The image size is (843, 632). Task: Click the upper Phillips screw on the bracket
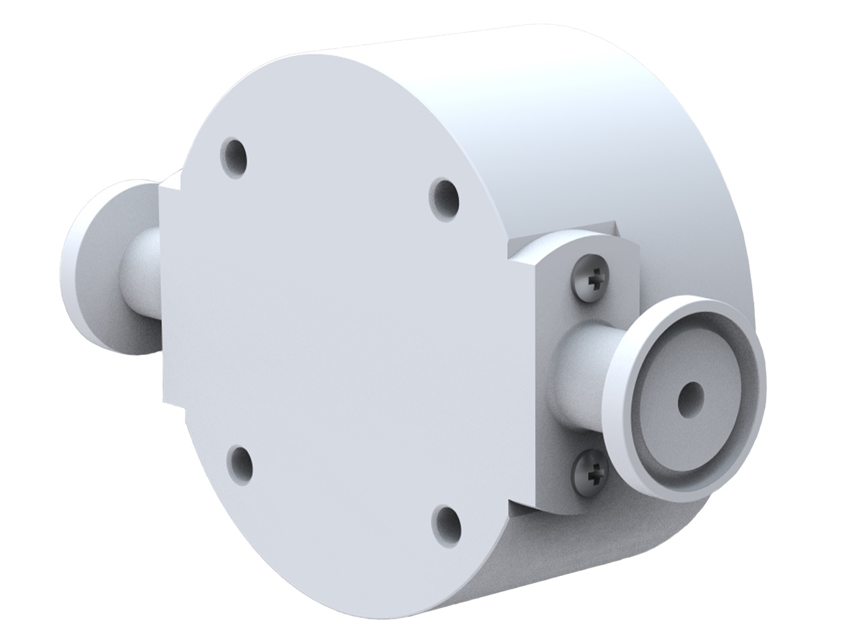pyautogui.click(x=589, y=279)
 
